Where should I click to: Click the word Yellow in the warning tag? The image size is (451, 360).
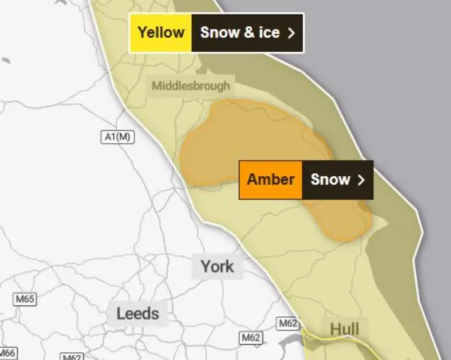[161, 32]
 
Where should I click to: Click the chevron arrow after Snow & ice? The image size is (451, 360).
[290, 32]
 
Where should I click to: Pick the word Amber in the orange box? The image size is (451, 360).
[271, 179]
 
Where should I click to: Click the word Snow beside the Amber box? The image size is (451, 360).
[330, 179]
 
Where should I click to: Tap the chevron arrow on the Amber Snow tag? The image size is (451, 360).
[361, 180]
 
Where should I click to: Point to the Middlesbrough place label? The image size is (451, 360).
[190, 86]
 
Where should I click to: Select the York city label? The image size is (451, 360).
[217, 266]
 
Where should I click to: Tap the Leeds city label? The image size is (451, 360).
[137, 312]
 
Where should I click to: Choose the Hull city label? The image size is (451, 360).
[344, 329]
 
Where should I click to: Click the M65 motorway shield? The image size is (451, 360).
[25, 299]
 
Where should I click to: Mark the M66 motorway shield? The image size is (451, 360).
[6, 353]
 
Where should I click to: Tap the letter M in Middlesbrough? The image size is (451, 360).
[156, 86]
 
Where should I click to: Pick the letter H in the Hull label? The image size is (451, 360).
[334, 329]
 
